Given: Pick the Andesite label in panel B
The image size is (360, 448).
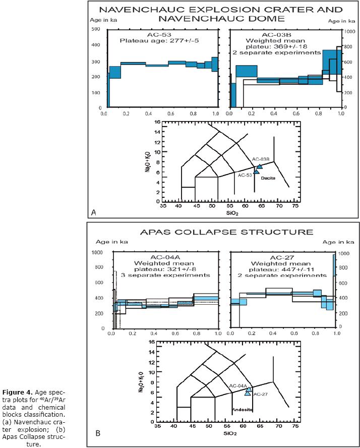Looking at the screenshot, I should coord(242,408).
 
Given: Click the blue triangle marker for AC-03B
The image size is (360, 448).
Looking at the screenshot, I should coord(260,166).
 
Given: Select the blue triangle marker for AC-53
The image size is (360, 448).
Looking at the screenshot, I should coord(256,172).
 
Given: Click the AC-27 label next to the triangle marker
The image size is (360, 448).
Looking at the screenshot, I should coord(260,394).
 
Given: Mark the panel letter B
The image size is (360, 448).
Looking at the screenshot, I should coord(97,433).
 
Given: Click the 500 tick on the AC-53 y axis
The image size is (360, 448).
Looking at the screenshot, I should coord(95,29).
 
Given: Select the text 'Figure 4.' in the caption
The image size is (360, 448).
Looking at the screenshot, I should coord(49,392).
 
